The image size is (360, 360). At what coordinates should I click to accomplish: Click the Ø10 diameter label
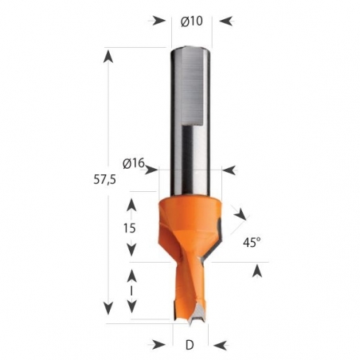[x=192, y=21]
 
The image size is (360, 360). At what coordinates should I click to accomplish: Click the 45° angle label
[x=252, y=240]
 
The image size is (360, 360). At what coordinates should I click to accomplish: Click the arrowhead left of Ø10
[x=158, y=21]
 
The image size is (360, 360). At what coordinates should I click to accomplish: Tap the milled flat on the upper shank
[x=191, y=88]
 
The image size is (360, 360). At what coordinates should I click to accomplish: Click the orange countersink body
[x=191, y=227]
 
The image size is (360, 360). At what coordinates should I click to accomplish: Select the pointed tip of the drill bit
[x=192, y=322]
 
